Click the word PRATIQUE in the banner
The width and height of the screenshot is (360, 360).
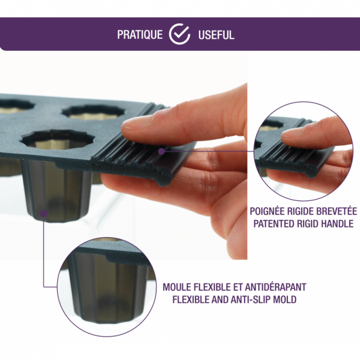point(140,34)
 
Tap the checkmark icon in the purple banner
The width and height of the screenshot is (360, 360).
point(180,34)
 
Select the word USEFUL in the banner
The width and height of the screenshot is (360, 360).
point(216,34)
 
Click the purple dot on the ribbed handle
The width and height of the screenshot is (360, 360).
point(162,151)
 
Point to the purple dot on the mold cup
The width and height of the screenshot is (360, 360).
point(43,214)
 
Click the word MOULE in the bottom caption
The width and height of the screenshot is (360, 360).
point(177,287)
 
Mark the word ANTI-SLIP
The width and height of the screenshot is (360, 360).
point(253,299)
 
